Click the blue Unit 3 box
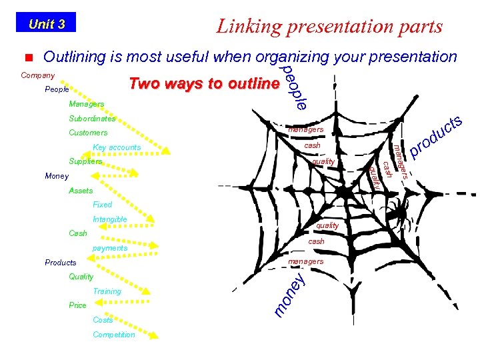(x=46, y=24)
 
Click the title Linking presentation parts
(x=329, y=26)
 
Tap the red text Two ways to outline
(x=204, y=84)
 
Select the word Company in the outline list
(x=38, y=75)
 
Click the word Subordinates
(x=92, y=119)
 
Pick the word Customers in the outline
(x=88, y=133)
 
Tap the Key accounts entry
(x=117, y=147)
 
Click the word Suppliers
(x=85, y=162)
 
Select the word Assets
(x=81, y=191)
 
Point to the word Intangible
(x=110, y=219)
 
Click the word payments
(x=110, y=248)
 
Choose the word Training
(x=107, y=291)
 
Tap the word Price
(x=77, y=305)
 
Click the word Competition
(x=114, y=335)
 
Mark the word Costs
(x=103, y=320)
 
